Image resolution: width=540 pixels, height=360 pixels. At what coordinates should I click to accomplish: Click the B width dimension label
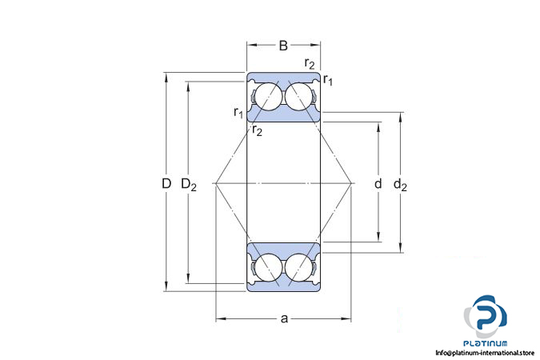tap(283, 46)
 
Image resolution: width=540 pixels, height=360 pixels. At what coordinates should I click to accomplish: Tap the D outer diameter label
tap(166, 184)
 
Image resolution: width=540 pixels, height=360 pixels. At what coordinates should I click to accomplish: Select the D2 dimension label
tap(189, 185)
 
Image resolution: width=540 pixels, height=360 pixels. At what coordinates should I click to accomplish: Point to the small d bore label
tap(378, 184)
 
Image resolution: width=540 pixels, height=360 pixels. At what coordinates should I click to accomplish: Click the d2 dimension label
tap(400, 185)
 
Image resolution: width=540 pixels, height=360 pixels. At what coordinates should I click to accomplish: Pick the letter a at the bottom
tap(284, 318)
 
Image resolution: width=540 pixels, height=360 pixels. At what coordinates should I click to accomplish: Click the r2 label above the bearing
tap(310, 63)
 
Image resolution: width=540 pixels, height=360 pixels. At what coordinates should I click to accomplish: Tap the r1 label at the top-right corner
tap(328, 80)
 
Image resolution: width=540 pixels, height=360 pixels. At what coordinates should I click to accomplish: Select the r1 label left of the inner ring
tap(238, 112)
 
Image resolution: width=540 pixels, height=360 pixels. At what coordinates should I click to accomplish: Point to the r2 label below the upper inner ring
tap(257, 130)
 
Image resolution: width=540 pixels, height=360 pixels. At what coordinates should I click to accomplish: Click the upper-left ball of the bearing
tap(267, 97)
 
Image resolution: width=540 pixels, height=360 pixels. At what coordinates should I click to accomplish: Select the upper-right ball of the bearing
tap(298, 97)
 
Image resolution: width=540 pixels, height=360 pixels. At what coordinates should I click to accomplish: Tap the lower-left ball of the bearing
tap(267, 268)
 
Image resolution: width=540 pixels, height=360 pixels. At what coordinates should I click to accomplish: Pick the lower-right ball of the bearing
tap(298, 268)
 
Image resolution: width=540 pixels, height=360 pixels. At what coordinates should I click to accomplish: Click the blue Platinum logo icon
tap(485, 316)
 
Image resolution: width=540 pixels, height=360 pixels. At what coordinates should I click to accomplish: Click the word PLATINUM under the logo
tap(485, 343)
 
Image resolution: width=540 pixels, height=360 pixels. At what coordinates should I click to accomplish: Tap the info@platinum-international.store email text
tap(485, 353)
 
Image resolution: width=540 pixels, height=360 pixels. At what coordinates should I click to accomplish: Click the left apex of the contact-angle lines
tap(215, 183)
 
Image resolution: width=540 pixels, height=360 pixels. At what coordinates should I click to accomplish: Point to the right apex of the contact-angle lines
tap(352, 183)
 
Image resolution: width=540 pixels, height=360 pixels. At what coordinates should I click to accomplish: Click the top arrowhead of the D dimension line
tap(166, 76)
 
